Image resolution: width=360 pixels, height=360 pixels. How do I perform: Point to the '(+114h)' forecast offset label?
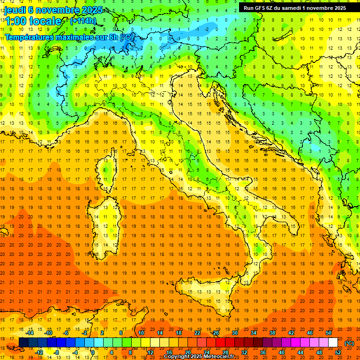(x=83, y=21)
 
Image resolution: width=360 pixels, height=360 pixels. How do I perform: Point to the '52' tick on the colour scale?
(x=338, y=352)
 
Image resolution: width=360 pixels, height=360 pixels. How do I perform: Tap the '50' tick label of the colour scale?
(x=329, y=333)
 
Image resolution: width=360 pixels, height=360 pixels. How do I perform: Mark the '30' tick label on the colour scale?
(x=234, y=333)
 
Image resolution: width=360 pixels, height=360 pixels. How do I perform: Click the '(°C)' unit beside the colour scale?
(x=349, y=343)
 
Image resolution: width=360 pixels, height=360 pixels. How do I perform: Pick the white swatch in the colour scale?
(x=333, y=343)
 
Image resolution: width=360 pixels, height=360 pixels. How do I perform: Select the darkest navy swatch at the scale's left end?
(x=24, y=343)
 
